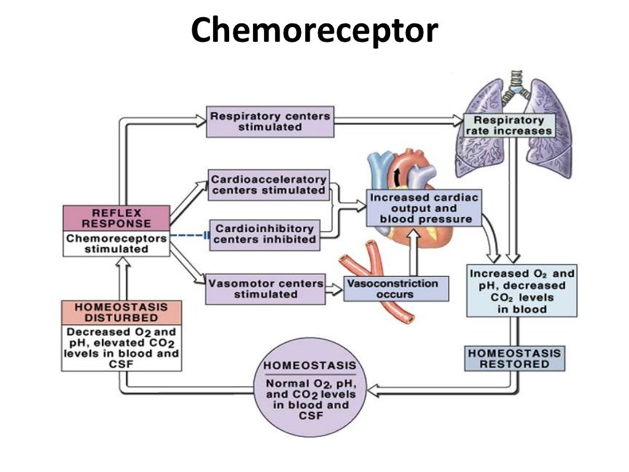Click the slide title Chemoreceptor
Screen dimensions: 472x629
pyautogui.click(x=314, y=31)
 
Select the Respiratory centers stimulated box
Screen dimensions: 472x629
pyautogui.click(x=270, y=121)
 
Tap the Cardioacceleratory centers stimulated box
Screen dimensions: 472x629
pyautogui.click(x=268, y=185)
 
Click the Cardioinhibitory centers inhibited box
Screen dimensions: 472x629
pyautogui.click(x=265, y=234)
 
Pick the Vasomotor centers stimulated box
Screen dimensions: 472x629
pyautogui.click(x=265, y=289)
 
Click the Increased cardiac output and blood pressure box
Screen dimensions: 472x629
pyautogui.click(x=423, y=208)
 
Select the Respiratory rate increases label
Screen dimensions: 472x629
pyautogui.click(x=509, y=126)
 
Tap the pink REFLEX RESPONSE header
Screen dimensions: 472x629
pyautogui.click(x=116, y=218)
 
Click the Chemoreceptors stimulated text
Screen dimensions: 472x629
pyautogui.click(x=116, y=244)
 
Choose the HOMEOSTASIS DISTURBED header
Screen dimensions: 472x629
pyautogui.click(x=122, y=312)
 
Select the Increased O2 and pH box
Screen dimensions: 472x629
pyautogui.click(x=522, y=290)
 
